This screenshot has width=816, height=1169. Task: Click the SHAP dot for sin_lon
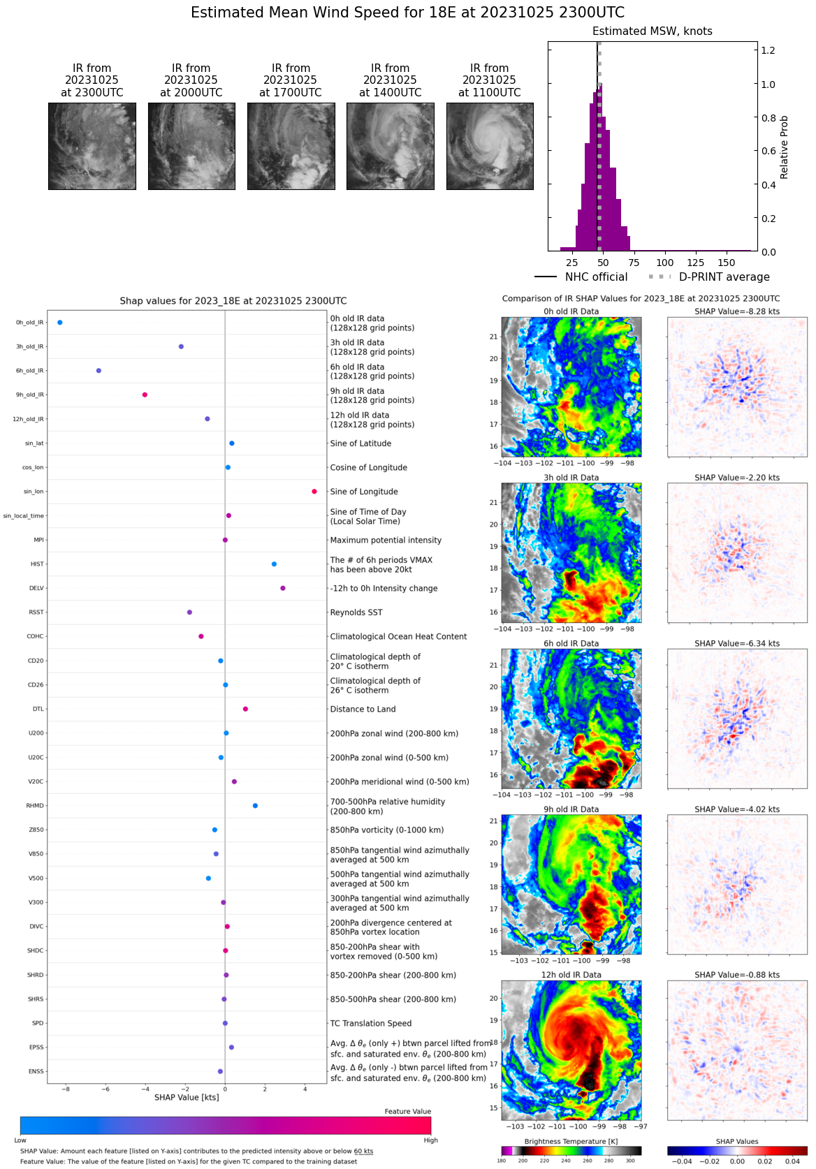click(x=314, y=492)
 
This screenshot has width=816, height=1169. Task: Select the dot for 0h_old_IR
click(x=60, y=323)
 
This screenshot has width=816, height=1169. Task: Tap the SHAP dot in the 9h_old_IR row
click(x=145, y=395)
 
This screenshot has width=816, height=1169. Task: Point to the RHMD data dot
click(x=255, y=806)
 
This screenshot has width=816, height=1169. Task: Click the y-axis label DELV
click(x=36, y=589)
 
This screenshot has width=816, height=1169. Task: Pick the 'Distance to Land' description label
click(x=363, y=710)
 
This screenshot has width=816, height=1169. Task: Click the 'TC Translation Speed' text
click(x=370, y=1024)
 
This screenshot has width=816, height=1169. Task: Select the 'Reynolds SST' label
click(x=356, y=612)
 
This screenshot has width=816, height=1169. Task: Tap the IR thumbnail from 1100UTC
click(x=490, y=147)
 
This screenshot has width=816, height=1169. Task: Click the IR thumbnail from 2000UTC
click(x=191, y=147)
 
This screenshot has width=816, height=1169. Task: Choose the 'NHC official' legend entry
click(x=596, y=277)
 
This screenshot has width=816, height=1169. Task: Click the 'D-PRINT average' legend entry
click(x=724, y=277)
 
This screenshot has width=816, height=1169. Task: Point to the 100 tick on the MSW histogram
click(x=665, y=263)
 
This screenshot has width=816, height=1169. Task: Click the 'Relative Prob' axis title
click(x=784, y=147)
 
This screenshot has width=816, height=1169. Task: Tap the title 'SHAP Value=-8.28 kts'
click(x=737, y=311)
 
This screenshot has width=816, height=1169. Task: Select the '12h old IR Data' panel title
click(x=571, y=975)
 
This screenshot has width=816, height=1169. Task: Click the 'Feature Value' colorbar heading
click(x=407, y=1112)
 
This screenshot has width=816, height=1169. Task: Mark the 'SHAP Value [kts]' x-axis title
click(x=187, y=1098)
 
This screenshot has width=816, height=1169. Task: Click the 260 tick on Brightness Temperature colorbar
click(x=588, y=1161)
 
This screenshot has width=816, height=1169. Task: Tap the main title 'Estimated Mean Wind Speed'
click(x=407, y=13)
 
